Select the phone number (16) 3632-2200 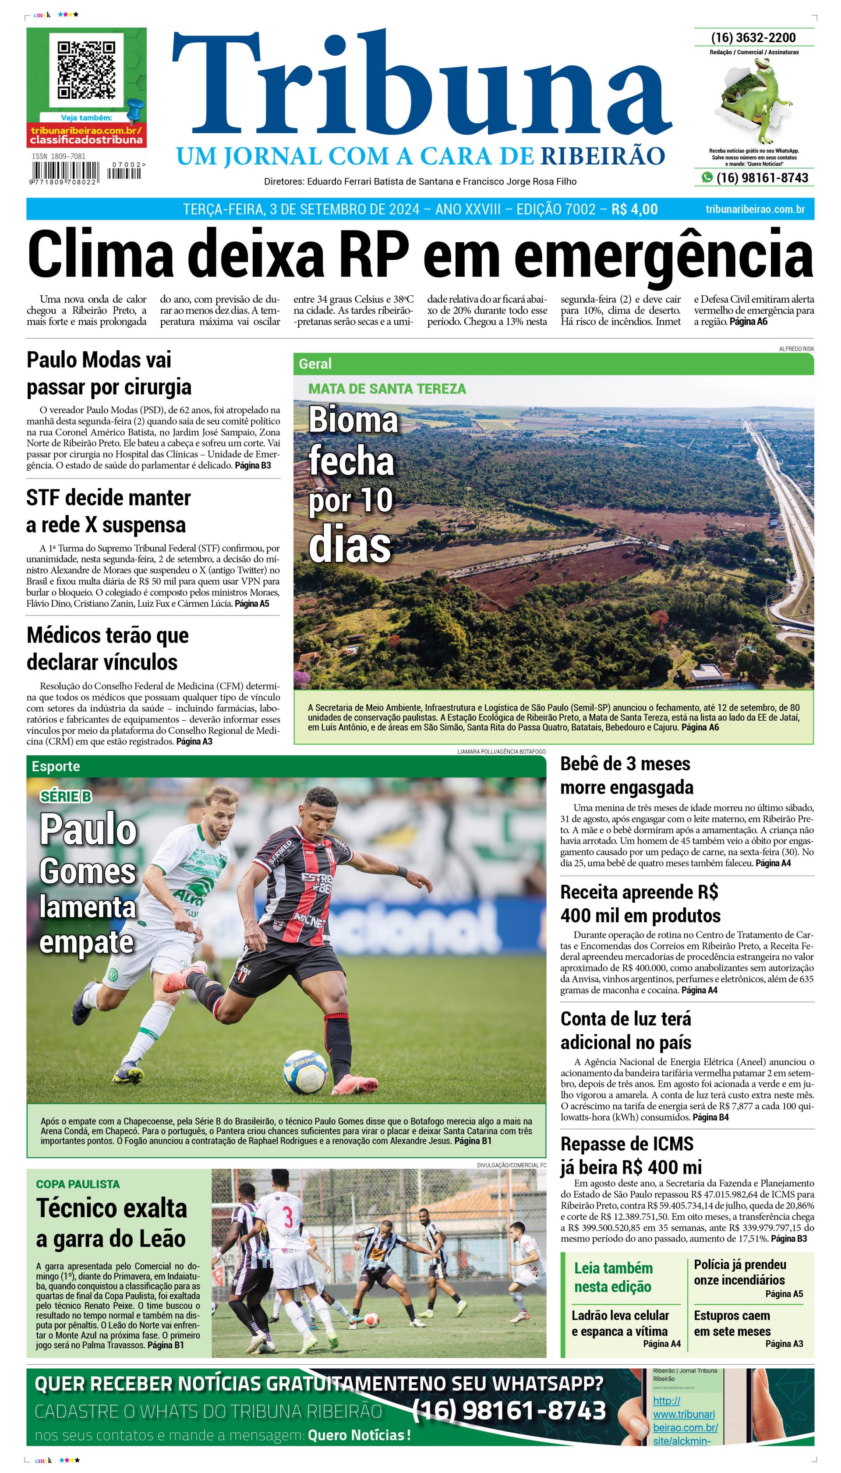[x=753, y=38]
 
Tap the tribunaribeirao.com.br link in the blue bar [x=755, y=209]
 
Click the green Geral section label [x=315, y=364]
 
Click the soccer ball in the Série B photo [x=305, y=1072]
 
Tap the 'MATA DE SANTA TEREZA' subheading [x=387, y=389]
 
